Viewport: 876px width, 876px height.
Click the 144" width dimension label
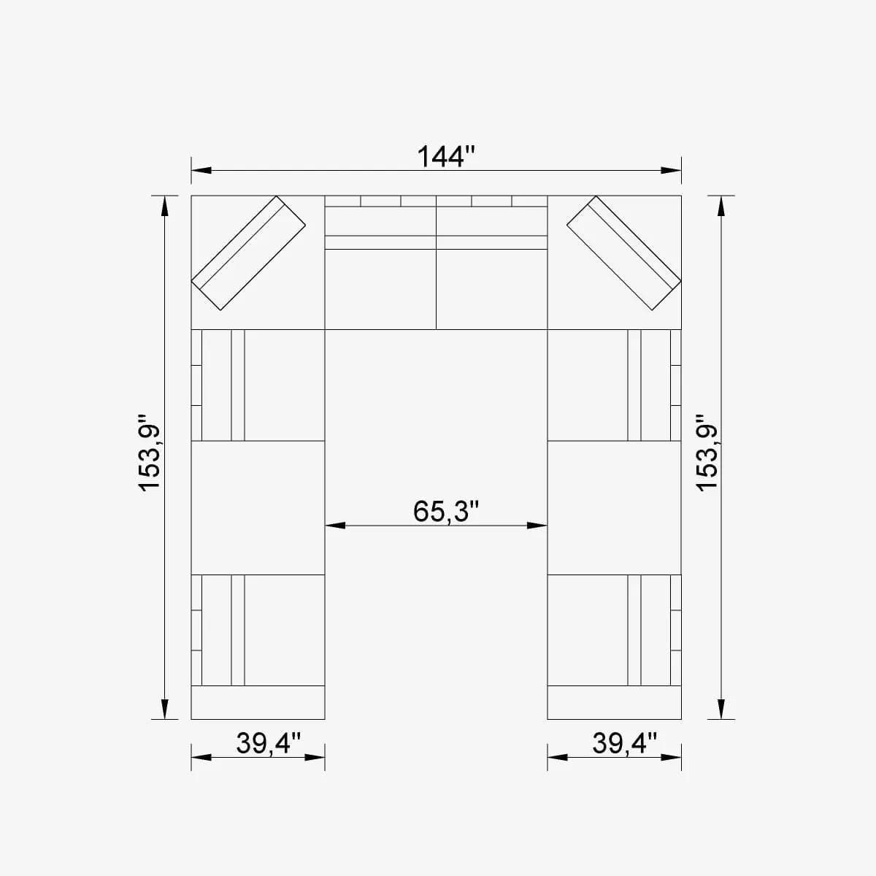(445, 156)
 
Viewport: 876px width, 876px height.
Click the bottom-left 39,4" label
(268, 743)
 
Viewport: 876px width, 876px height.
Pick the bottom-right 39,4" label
(624, 743)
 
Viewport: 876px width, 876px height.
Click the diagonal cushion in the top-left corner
(248, 252)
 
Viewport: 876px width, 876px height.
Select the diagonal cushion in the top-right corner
(623, 252)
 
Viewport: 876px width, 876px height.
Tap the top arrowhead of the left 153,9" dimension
(165, 206)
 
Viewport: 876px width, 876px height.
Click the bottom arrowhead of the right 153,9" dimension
(721, 709)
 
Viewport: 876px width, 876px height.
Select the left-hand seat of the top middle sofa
(380, 288)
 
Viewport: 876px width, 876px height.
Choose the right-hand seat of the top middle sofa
(491, 288)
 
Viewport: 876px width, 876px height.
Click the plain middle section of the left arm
(258, 507)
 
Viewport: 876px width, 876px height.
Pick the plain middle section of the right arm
(614, 507)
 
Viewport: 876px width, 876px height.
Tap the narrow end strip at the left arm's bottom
(258, 702)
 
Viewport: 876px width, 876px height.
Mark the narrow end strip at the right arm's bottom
(614, 702)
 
